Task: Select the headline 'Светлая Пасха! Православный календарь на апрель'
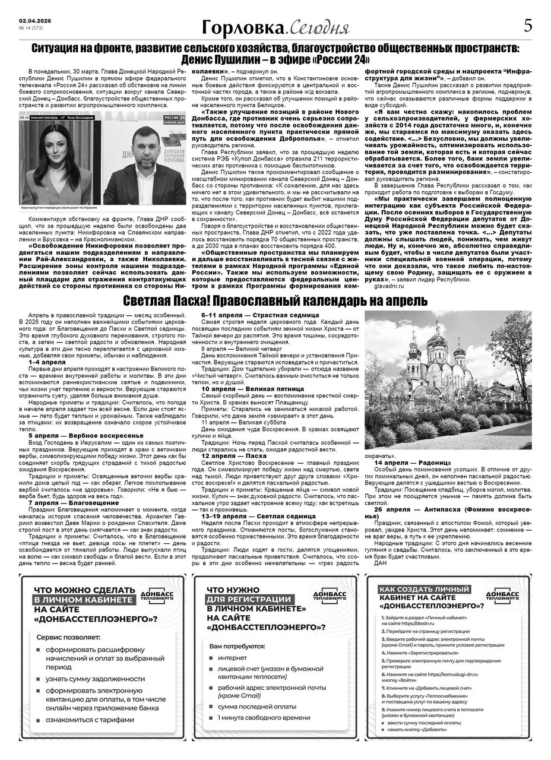pyautogui.click(x=275, y=300)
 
